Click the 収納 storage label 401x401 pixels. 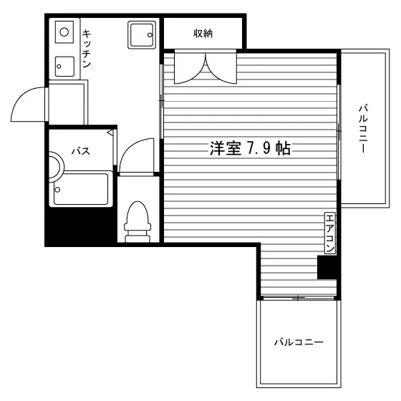[x=203, y=33]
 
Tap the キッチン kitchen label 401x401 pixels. [x=87, y=49]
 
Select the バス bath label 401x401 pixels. [x=81, y=151]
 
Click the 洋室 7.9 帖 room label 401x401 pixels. [x=250, y=148]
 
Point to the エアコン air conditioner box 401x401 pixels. [x=330, y=233]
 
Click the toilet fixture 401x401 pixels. [x=137, y=222]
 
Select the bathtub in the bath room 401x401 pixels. [x=81, y=189]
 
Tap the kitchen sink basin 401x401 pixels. [x=64, y=66]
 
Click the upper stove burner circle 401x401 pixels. [x=64, y=32]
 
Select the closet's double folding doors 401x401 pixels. [x=206, y=68]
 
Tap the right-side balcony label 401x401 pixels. [x=363, y=128]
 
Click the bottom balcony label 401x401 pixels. [x=299, y=342]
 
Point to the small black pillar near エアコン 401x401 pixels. [x=327, y=267]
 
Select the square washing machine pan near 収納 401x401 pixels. [x=142, y=35]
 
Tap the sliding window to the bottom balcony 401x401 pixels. [x=298, y=298]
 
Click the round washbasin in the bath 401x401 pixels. [x=57, y=167]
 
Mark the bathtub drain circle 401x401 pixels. [x=57, y=190]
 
